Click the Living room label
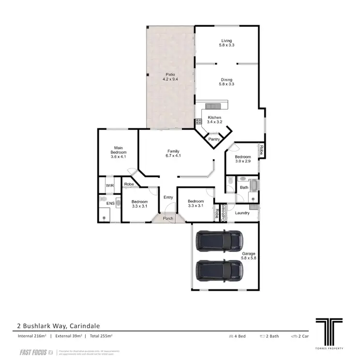(227, 41)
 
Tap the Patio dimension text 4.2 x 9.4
(169, 79)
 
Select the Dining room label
(227, 80)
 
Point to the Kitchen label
(214, 118)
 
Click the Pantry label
(214, 139)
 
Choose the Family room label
(173, 151)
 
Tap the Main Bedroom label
(118, 150)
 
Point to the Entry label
(168, 197)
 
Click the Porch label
(168, 218)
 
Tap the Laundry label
(242, 213)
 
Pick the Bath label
(244, 187)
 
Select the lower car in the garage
(219, 272)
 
